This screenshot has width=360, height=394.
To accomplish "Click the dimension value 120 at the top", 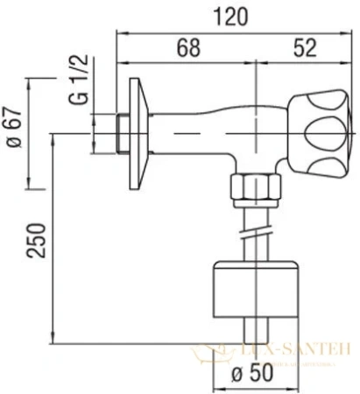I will point(231,15).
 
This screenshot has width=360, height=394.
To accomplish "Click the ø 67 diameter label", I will point(12,133).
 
